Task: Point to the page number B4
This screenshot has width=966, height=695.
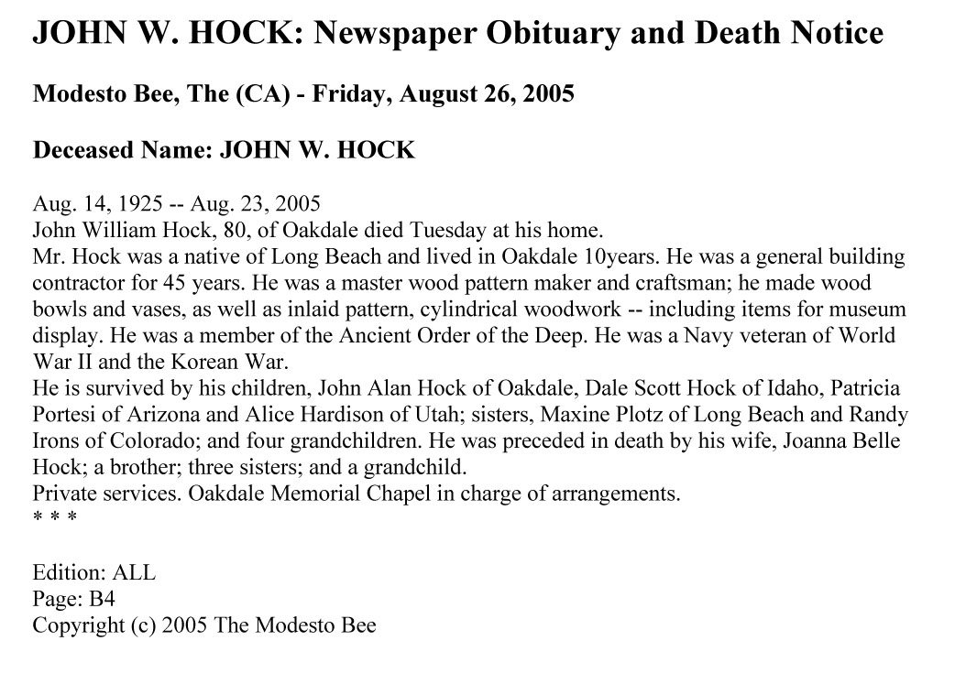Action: pos(101,600)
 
